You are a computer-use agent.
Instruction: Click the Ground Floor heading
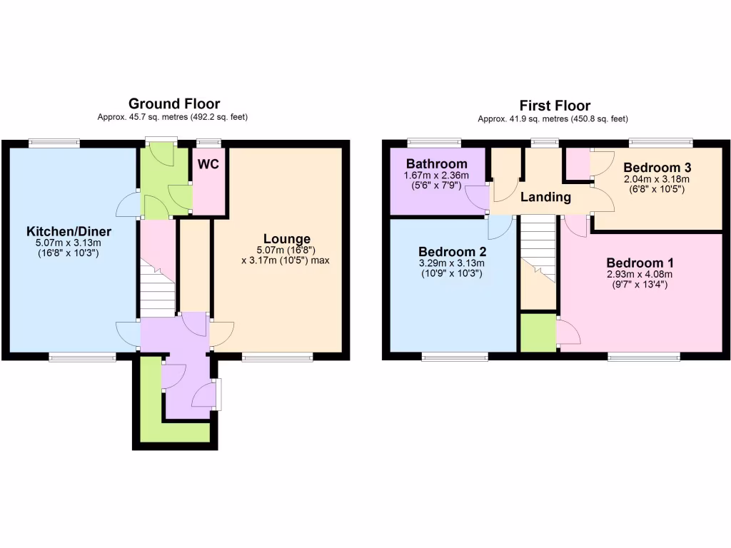(174, 104)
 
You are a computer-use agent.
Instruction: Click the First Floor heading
(554, 106)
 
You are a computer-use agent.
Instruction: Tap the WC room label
(208, 164)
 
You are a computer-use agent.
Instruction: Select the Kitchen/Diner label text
(69, 232)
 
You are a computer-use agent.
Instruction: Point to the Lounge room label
(287, 239)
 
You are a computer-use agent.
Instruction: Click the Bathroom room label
(436, 164)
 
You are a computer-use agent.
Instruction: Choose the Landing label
(545, 197)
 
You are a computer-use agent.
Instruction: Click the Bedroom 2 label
(452, 252)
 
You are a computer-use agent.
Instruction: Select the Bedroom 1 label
(640, 263)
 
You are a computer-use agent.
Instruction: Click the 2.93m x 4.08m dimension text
(640, 274)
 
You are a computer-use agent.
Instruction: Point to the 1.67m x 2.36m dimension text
(436, 176)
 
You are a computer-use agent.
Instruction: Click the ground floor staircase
(158, 285)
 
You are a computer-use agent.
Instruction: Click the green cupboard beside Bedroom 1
(538, 333)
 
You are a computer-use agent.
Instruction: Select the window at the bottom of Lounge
(277, 357)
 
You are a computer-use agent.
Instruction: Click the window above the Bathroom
(434, 142)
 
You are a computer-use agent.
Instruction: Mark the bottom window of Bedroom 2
(455, 357)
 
